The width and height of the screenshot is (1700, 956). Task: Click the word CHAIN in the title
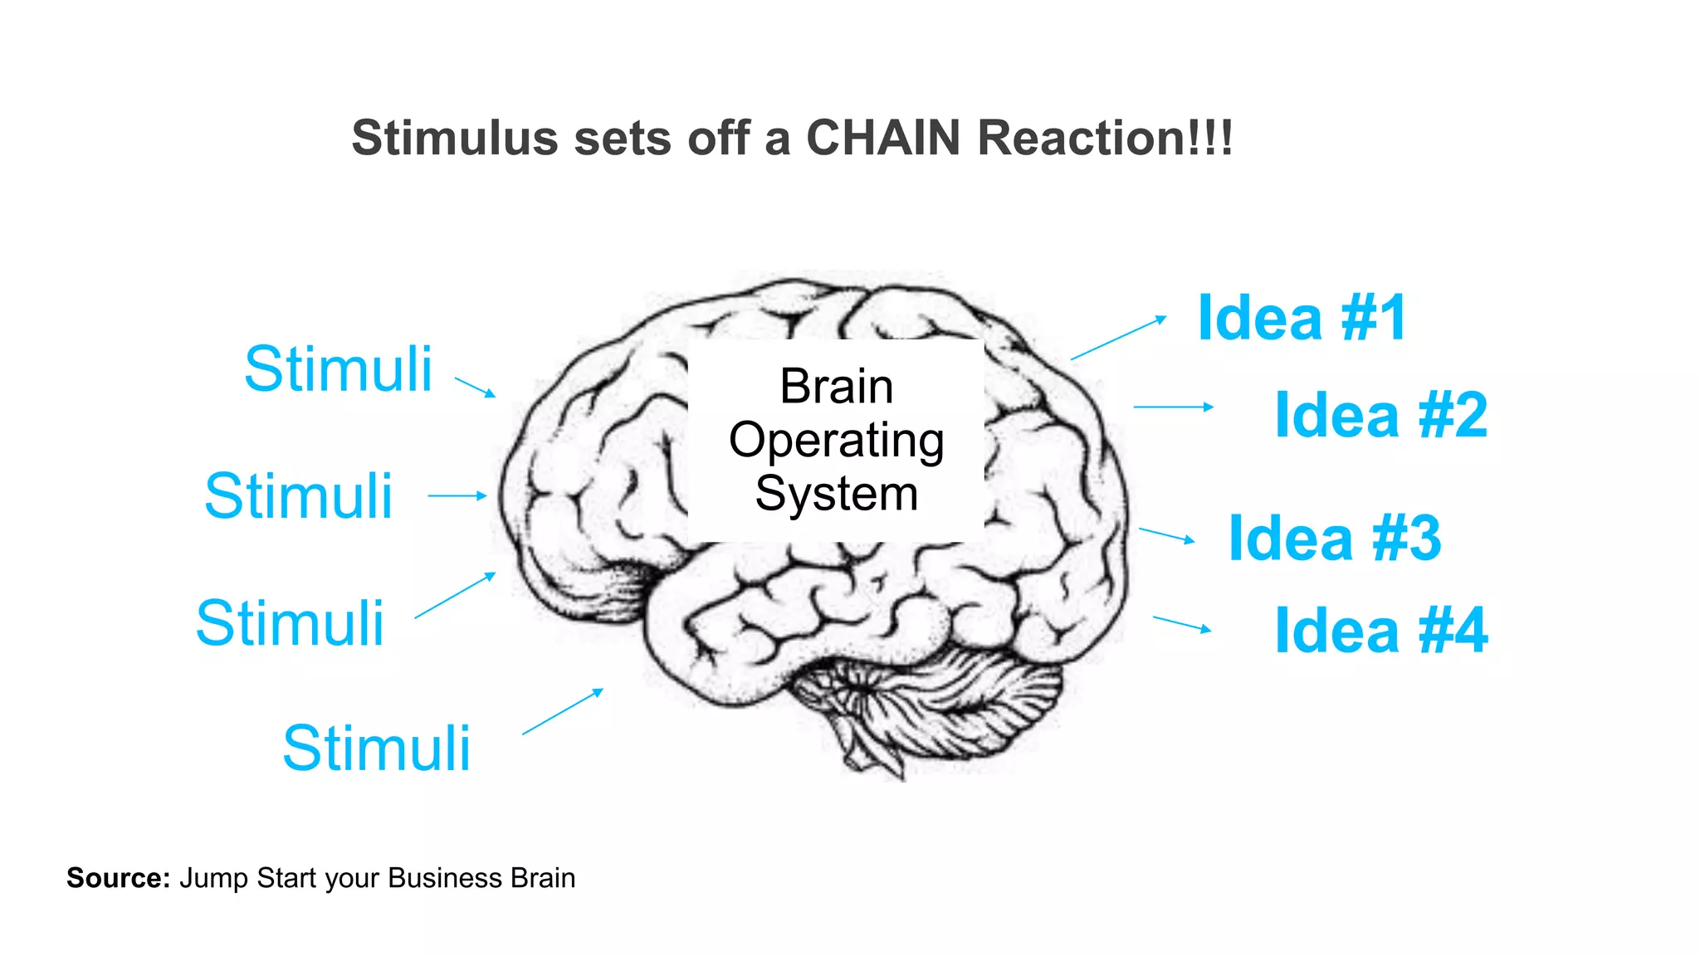(883, 138)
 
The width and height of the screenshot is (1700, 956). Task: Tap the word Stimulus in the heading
(455, 138)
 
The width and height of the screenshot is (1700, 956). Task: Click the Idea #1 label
(1302, 318)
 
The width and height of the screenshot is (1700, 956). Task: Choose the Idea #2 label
(1380, 415)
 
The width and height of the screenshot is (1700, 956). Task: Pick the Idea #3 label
(1334, 538)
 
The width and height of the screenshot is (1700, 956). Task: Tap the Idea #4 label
(1380, 631)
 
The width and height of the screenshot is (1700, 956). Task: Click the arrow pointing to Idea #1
(1118, 338)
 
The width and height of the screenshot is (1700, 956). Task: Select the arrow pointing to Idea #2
(1173, 407)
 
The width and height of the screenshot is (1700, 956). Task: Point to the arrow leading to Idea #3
(1166, 535)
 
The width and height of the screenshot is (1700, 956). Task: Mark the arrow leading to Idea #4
(1181, 624)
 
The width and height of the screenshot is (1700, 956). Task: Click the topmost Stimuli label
(338, 368)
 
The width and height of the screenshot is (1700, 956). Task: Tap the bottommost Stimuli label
(376, 748)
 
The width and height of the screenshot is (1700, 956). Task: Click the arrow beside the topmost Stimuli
(475, 387)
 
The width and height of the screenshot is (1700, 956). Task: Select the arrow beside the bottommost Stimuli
(562, 711)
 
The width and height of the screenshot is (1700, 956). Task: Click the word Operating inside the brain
(836, 441)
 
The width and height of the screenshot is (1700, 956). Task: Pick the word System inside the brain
(836, 494)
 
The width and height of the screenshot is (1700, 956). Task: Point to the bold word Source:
(118, 878)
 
